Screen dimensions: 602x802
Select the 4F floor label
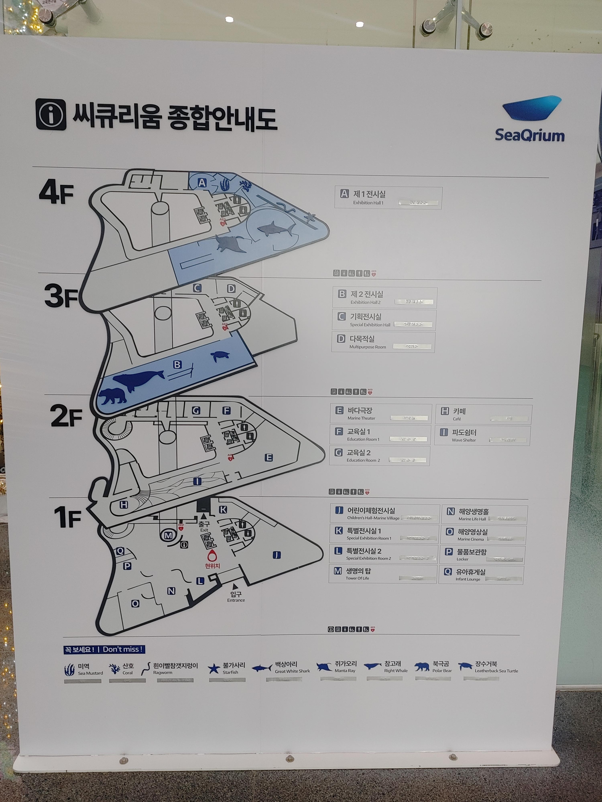coord(56,192)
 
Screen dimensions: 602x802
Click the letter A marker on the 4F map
coord(202,183)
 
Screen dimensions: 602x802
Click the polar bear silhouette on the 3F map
coord(113,396)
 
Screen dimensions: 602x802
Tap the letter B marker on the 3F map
coord(177,364)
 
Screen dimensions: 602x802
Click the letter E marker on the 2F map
coord(268,458)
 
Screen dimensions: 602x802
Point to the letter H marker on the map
coord(124,504)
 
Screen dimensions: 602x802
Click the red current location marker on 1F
coord(212,555)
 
